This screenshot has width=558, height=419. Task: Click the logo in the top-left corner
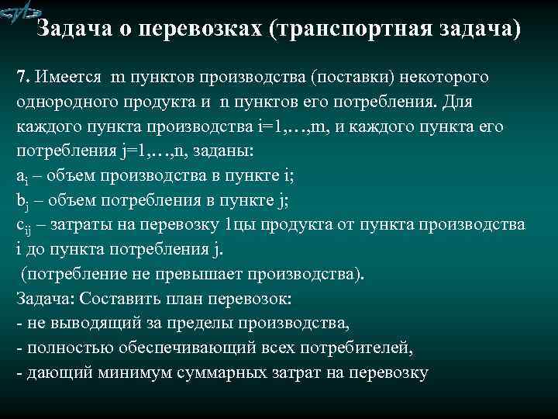click(x=20, y=15)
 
